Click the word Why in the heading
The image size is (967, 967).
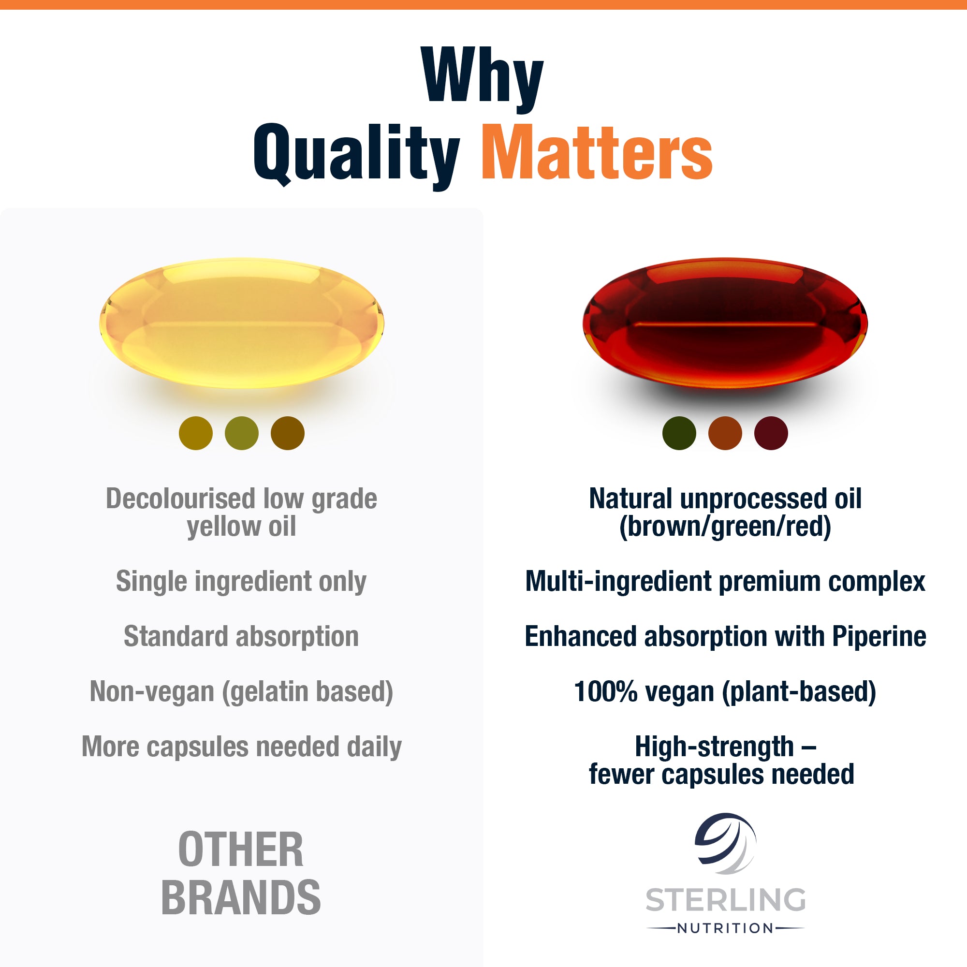483,75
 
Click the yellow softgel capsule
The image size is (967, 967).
242,323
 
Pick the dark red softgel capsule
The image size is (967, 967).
725,323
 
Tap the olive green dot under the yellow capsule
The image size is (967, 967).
242,433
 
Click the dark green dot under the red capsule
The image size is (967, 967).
679,433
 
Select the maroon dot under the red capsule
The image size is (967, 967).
771,433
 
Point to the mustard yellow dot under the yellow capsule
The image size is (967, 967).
196,433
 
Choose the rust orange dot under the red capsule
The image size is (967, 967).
725,433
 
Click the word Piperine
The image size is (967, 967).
879,637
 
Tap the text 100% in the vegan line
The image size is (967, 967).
606,692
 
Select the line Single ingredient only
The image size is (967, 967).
241,582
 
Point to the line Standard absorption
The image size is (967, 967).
241,637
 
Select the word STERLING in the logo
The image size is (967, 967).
725,900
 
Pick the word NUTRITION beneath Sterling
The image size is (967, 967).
725,928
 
